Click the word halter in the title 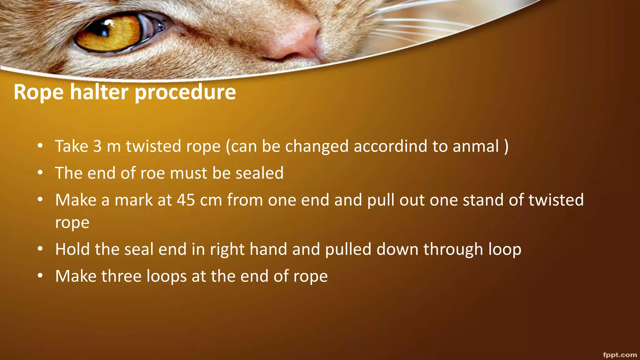click(x=99, y=92)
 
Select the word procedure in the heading click(x=185, y=93)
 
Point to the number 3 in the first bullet click(x=97, y=146)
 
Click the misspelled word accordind click(x=390, y=146)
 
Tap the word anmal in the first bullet click(x=476, y=146)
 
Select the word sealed click(x=259, y=173)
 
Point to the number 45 click(x=186, y=200)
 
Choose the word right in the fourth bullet click(x=227, y=250)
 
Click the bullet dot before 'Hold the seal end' click(x=40, y=249)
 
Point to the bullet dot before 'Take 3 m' click(x=40, y=146)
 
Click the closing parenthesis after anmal click(x=506, y=146)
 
